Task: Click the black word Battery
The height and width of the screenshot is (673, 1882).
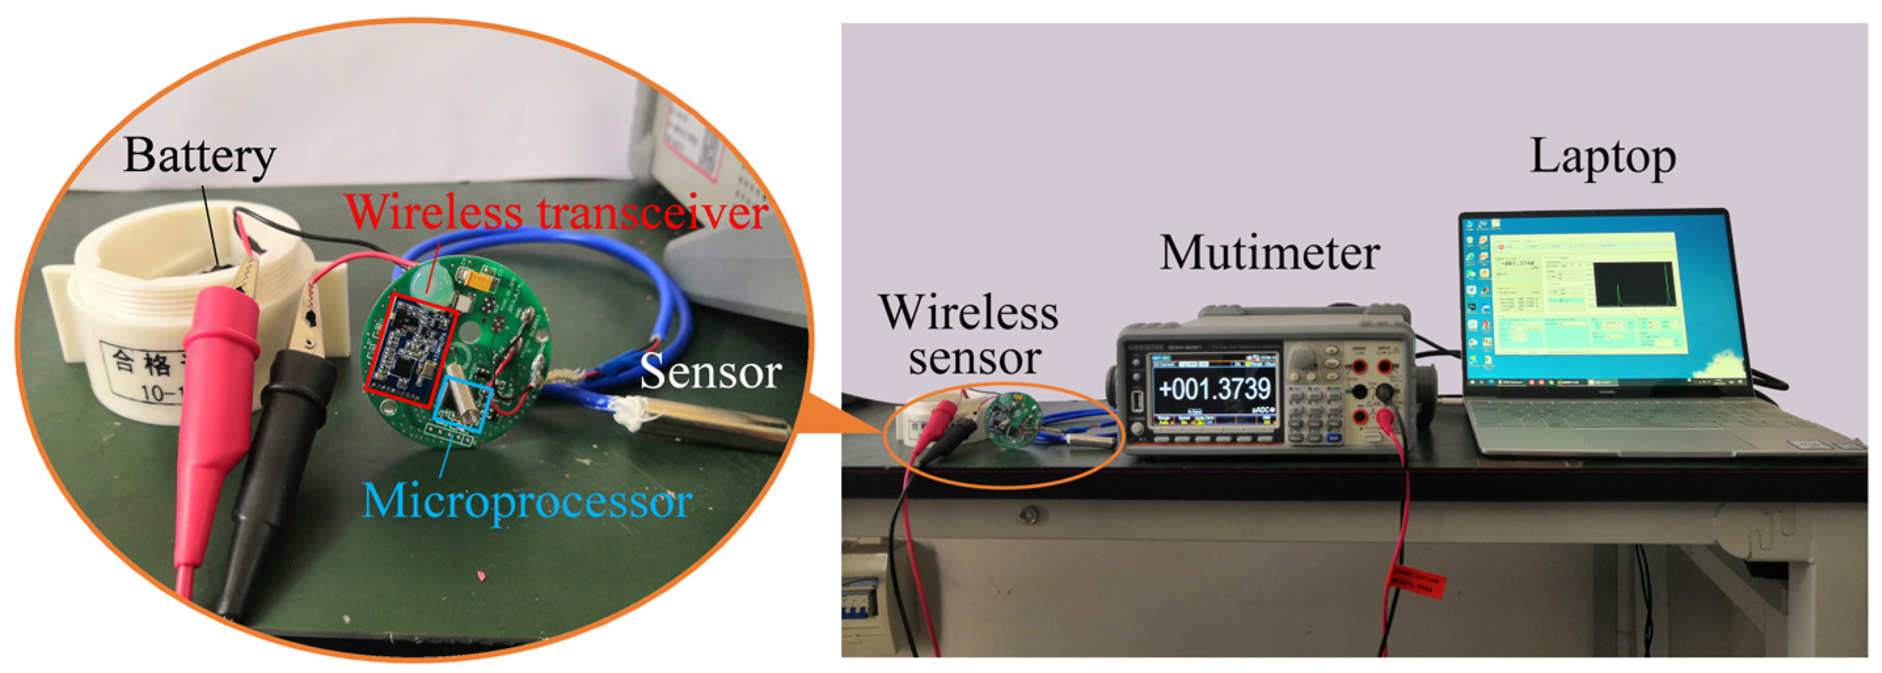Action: coord(198,157)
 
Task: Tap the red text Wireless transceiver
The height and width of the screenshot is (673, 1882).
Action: coord(555,212)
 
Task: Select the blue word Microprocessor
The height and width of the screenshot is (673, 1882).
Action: coord(526,503)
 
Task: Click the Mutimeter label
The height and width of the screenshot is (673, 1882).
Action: coord(1269,254)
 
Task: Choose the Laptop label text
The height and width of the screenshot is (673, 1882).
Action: coord(1602,157)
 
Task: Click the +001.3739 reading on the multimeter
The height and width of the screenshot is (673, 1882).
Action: coord(1215,388)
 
